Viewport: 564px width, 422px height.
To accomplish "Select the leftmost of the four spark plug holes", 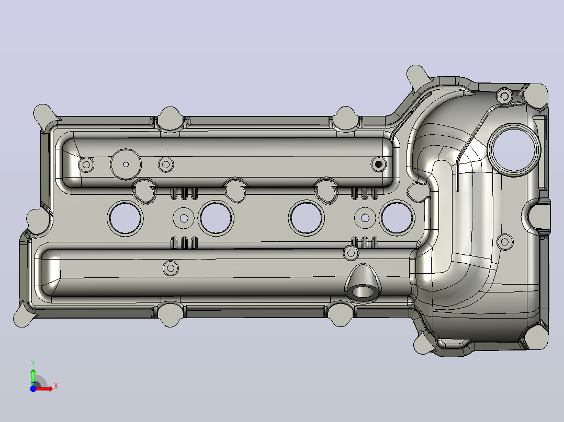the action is pyautogui.click(x=125, y=218).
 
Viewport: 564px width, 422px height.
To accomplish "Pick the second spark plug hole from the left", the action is pyautogui.click(x=216, y=218).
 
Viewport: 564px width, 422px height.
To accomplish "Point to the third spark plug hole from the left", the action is pyautogui.click(x=307, y=218).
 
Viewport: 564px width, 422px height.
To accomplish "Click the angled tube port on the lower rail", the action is pyautogui.click(x=363, y=284).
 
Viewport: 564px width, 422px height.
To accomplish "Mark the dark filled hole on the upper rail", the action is pyautogui.click(x=378, y=165).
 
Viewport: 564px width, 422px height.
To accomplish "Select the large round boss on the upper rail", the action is pyautogui.click(x=126, y=164).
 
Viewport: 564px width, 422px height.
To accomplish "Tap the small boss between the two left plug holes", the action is pyautogui.click(x=184, y=218).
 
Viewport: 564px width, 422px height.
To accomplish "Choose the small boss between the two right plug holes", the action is pyautogui.click(x=365, y=218).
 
